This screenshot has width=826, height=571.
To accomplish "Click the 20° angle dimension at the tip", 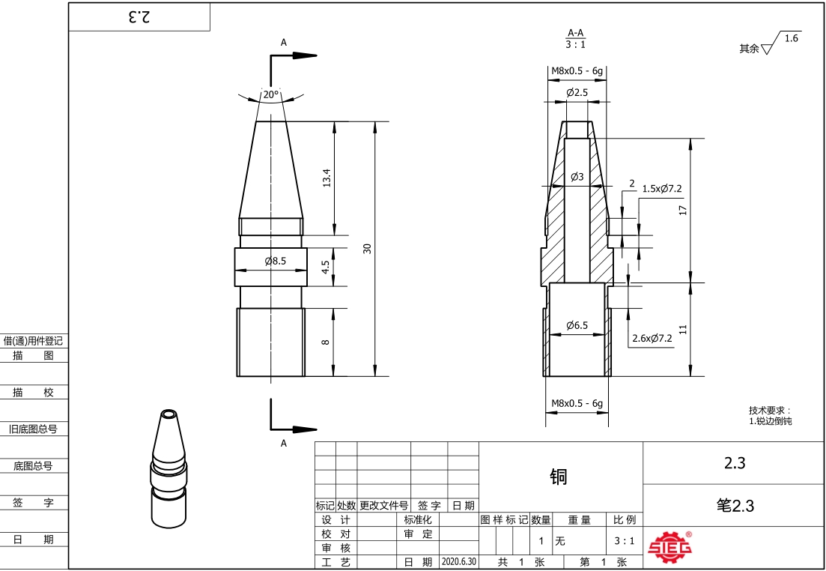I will point(270,95).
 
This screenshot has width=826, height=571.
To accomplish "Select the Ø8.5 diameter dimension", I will point(275,261).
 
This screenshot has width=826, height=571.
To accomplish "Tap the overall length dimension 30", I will point(368,248).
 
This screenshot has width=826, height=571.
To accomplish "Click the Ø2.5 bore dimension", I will point(577,92).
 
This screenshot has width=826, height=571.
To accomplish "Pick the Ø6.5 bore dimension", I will point(577,325).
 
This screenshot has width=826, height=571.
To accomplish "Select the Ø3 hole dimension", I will point(577,177).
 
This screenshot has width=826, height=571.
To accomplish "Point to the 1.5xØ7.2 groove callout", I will point(662,189).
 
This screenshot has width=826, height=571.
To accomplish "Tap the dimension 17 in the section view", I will point(683,211).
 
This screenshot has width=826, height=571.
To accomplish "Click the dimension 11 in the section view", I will point(683,329).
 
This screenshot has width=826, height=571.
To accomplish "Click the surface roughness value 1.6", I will point(792,38).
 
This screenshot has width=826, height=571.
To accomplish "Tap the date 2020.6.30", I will point(458,561).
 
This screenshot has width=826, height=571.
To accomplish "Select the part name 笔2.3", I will point(735,505).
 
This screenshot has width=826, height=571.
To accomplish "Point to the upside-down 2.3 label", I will point(139,17).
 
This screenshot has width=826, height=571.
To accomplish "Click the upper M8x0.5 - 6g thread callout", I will point(577,70).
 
